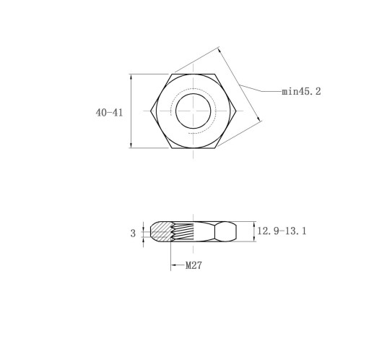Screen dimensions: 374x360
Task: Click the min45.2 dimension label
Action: [301, 92]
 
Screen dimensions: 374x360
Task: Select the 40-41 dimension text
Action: [109, 113]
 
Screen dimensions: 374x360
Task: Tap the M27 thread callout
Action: [193, 265]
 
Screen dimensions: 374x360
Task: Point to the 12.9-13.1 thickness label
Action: [282, 231]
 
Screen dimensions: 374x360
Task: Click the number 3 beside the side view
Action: [133, 233]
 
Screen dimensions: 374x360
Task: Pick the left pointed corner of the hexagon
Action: [151, 111]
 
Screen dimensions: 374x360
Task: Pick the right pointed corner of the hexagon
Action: [236, 111]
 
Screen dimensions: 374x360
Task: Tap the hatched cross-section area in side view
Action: [160, 231]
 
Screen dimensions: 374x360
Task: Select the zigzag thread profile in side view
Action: [173, 232]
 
